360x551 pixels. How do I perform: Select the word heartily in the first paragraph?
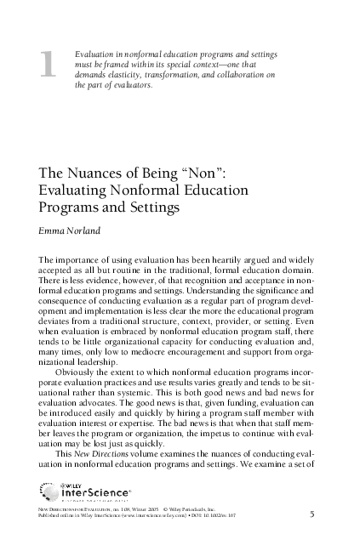click(x=220, y=258)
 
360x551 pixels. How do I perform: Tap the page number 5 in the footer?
click(x=312, y=514)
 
